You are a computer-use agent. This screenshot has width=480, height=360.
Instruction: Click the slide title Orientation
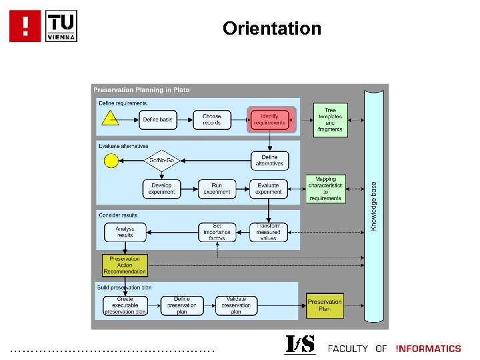click(272, 29)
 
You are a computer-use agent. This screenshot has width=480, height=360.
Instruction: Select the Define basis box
click(157, 120)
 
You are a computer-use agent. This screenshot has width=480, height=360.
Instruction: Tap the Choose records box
click(212, 120)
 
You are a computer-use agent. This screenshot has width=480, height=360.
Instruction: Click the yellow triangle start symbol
click(109, 119)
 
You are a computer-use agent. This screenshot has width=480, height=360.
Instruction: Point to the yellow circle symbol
click(110, 160)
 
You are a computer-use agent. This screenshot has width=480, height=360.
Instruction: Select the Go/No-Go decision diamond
click(161, 161)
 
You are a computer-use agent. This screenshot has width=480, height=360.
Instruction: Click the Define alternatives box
click(269, 160)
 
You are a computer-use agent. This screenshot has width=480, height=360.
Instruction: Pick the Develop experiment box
click(161, 189)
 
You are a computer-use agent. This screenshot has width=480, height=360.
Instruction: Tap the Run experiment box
click(217, 189)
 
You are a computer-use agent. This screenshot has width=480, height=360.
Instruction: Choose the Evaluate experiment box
click(269, 189)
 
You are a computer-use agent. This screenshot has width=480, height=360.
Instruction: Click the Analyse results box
click(125, 232)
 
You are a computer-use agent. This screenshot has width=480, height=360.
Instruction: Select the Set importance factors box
click(217, 232)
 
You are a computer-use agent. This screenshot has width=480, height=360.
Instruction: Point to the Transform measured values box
click(269, 232)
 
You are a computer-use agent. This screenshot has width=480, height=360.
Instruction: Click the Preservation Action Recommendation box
click(125, 265)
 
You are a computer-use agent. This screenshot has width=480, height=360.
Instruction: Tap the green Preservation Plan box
click(325, 305)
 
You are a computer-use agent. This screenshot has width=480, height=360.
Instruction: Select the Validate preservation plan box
click(235, 305)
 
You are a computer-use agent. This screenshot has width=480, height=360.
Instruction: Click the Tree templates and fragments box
click(330, 120)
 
